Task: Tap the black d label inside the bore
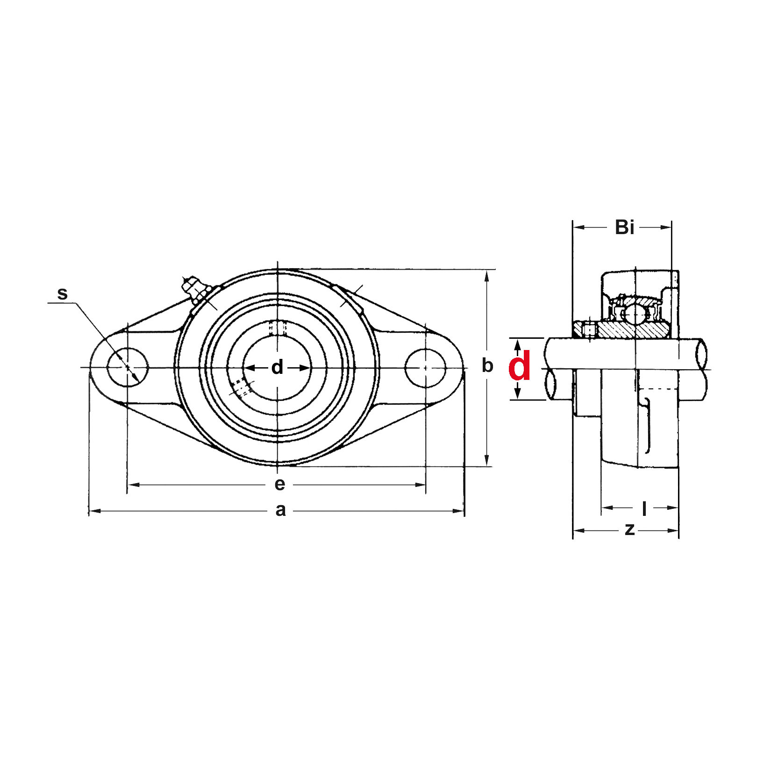pos(277,367)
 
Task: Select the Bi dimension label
pos(624,227)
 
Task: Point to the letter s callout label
pos(62,293)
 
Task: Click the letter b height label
pos(487,365)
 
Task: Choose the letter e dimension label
pos(279,484)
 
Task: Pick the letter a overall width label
pos(280,510)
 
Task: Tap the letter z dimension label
pos(630,529)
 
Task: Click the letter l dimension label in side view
pos(644,508)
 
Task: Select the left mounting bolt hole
pos(128,368)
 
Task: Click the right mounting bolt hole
pos(425,368)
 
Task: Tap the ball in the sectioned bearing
pos(635,314)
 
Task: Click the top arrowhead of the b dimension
pos(486,275)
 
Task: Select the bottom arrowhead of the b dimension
pos(486,460)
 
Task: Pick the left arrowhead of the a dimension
pos(95,511)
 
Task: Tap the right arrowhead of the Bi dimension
pos(665,227)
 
